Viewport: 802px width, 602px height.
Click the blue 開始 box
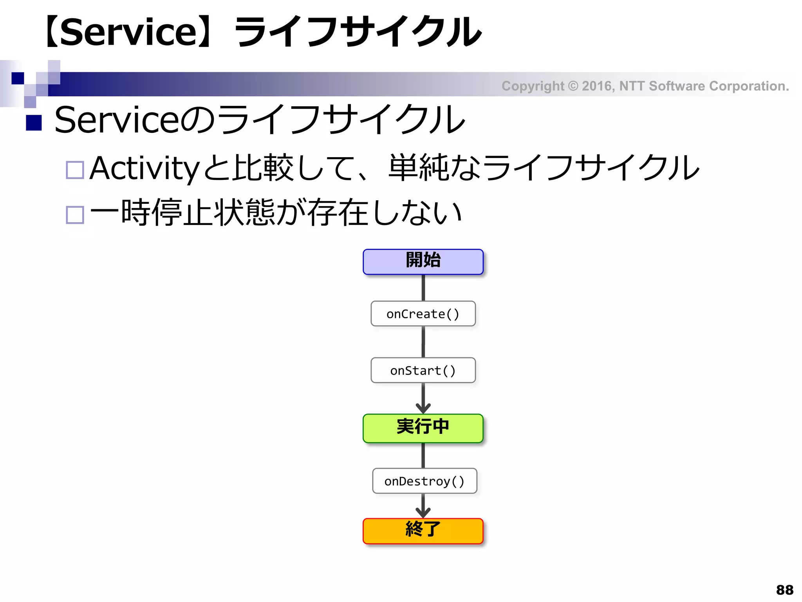(x=423, y=261)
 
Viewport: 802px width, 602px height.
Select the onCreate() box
(x=423, y=314)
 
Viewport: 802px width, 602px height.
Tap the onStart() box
(x=423, y=370)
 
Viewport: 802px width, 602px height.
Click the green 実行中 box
(x=423, y=428)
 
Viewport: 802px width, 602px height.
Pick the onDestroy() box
(x=424, y=481)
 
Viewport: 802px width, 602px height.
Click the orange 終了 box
(x=423, y=531)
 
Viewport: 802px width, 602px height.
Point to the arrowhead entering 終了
(x=423, y=513)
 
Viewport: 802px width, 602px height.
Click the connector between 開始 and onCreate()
(x=423, y=288)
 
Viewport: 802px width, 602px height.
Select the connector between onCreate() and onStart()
(x=423, y=341)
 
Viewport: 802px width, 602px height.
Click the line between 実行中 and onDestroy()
(x=423, y=455)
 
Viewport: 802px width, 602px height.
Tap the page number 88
(x=784, y=589)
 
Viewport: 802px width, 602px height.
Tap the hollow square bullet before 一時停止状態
(x=75, y=215)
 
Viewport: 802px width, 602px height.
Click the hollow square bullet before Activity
(x=75, y=170)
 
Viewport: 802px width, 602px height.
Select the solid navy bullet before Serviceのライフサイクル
(x=34, y=123)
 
